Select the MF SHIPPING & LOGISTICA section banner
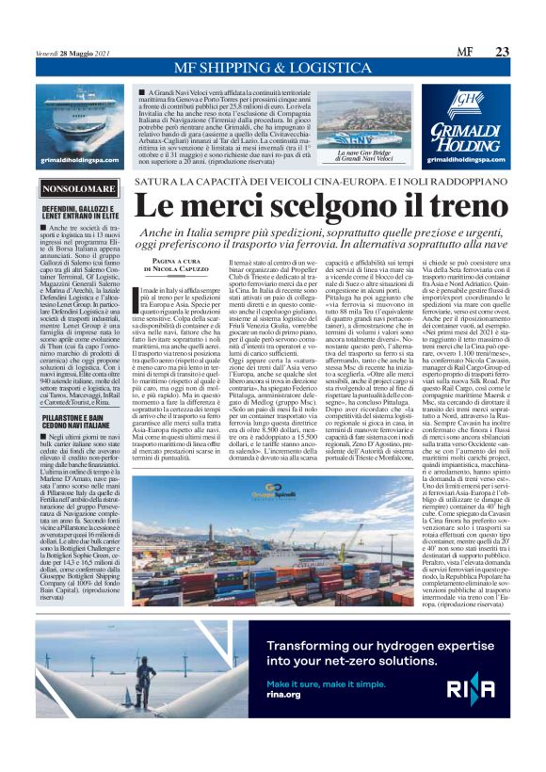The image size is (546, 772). click(x=272, y=67)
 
